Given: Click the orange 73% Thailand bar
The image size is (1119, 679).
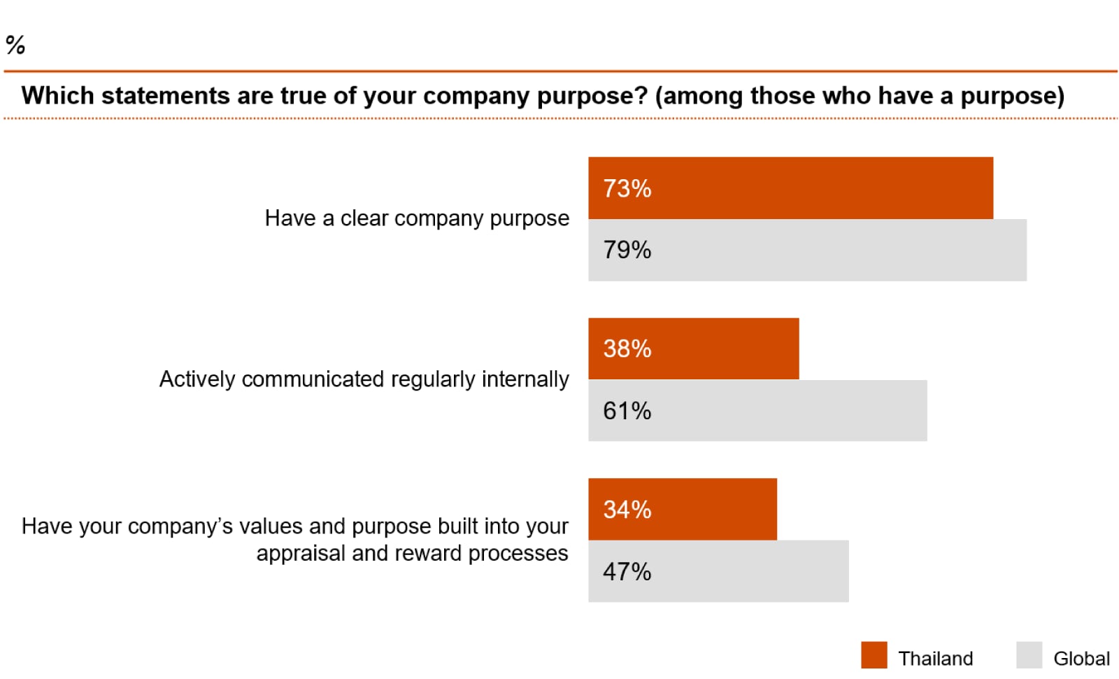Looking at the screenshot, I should click(x=790, y=188).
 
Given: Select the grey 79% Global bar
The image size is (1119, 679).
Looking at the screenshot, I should click(x=807, y=250).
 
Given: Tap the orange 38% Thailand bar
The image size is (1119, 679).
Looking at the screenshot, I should click(x=693, y=349).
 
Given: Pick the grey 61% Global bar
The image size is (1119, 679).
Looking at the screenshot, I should click(x=757, y=410).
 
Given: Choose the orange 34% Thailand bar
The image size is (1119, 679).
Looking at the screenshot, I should click(x=682, y=509).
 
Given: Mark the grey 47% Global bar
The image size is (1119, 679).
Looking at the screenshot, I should click(x=718, y=570).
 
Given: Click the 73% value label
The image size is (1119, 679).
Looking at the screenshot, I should click(x=627, y=188).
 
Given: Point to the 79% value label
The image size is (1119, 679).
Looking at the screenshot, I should click(x=627, y=250).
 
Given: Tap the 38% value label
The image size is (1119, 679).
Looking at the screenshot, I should click(x=627, y=349).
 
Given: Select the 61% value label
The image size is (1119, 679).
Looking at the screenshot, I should click(x=627, y=411).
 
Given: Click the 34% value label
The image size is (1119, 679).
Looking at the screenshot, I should click(x=627, y=510).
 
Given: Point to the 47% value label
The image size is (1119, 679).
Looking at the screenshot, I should click(x=627, y=572).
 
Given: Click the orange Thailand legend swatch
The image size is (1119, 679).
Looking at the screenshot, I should click(x=874, y=655).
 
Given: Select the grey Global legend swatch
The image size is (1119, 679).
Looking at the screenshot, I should click(x=1029, y=655).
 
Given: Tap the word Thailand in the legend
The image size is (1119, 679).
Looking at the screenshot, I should click(x=935, y=659).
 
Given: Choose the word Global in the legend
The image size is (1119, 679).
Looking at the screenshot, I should click(x=1081, y=659).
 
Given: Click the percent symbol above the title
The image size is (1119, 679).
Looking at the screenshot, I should click(x=15, y=45).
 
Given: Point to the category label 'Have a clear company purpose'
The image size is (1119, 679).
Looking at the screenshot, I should click(x=417, y=218).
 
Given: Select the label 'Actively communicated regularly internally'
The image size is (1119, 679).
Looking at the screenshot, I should click(x=364, y=379).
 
